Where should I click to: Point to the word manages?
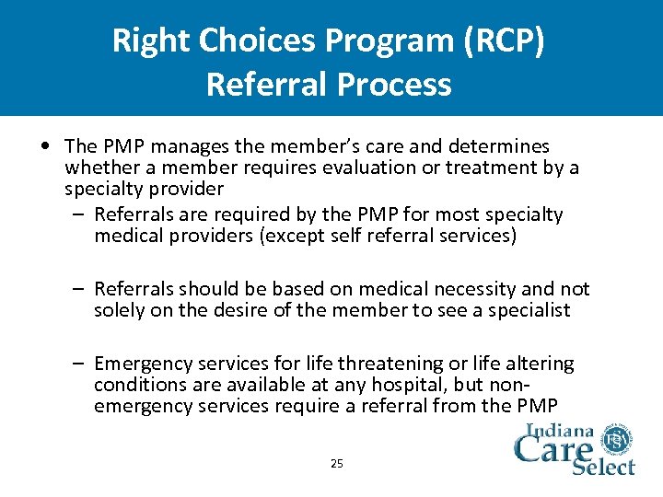coord(180,146)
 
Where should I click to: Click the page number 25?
coord(336,464)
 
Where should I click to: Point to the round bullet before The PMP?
coord(45,147)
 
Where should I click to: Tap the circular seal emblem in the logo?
coord(619,441)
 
